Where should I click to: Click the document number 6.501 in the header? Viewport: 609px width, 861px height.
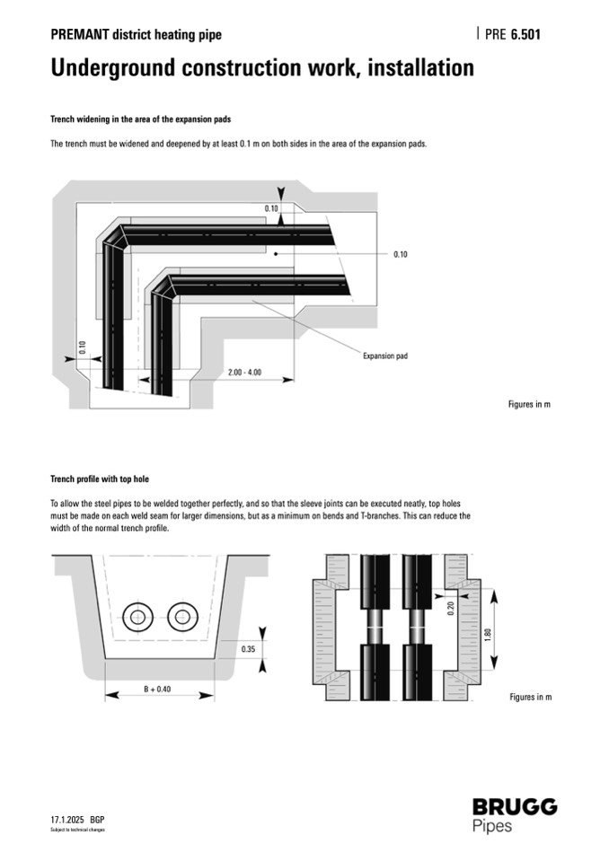pyautogui.click(x=525, y=35)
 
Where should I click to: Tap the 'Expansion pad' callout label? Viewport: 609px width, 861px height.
pyautogui.click(x=384, y=356)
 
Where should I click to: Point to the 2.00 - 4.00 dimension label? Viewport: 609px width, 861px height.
pyautogui.click(x=244, y=372)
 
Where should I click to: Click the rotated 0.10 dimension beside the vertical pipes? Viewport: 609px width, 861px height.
pyautogui.click(x=82, y=347)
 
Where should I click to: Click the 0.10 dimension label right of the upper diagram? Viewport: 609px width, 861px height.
pyautogui.click(x=401, y=254)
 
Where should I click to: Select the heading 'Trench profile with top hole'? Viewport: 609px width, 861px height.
pyautogui.click(x=106, y=479)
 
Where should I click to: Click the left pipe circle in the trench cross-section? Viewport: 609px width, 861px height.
pyautogui.click(x=138, y=617)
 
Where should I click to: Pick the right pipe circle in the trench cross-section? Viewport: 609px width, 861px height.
pyautogui.click(x=182, y=617)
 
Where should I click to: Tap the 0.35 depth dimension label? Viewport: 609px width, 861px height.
pyautogui.click(x=248, y=647)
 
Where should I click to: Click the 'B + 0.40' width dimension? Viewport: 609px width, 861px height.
pyautogui.click(x=158, y=689)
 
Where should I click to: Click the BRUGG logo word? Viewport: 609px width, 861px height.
pyautogui.click(x=514, y=806)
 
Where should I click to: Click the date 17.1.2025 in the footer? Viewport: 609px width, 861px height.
pyautogui.click(x=67, y=820)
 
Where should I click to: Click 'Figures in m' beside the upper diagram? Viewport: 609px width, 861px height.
pyautogui.click(x=529, y=404)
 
